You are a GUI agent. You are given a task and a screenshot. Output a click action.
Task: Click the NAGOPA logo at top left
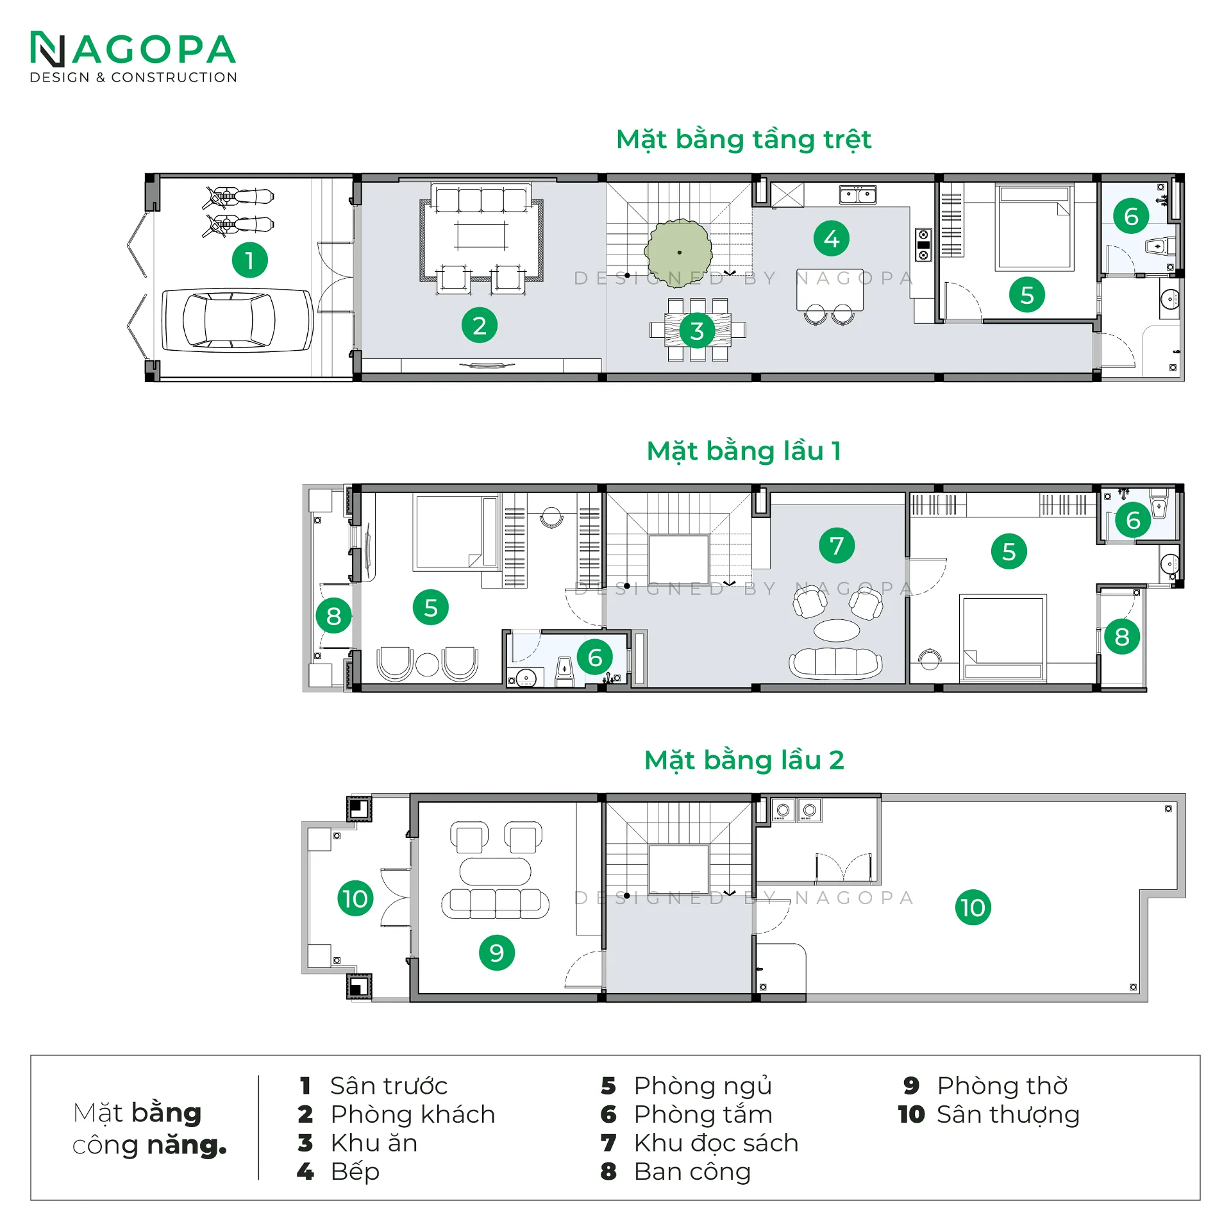pos(133,50)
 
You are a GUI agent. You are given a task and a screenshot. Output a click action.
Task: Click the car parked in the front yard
pos(237,320)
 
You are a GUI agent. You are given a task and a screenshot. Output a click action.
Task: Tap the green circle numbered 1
pos(249,260)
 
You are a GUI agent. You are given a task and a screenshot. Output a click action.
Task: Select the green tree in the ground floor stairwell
pos(678,253)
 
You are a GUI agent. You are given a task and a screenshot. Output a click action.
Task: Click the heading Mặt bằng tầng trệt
pos(743,139)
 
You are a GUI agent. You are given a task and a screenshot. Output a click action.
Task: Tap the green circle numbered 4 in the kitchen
pos(831,239)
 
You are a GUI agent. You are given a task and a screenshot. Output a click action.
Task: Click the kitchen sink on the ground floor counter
pos(858,194)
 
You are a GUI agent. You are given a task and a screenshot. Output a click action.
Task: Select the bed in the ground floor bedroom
pos(1034,228)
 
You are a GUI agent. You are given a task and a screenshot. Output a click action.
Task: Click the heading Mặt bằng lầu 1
pos(743,451)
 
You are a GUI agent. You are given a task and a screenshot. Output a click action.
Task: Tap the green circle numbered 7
pos(836,546)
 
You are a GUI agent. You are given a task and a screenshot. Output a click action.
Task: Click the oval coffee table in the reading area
pos(836,630)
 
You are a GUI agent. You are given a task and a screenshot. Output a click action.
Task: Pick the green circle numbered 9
pos(496,953)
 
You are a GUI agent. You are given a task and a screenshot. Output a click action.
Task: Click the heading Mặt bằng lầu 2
pos(743,760)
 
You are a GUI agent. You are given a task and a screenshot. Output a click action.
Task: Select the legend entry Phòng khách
pos(412,1114)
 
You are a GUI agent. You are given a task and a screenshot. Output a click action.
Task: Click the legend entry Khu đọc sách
pos(716,1143)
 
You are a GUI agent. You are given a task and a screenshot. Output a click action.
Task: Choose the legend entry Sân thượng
pos(1007,1114)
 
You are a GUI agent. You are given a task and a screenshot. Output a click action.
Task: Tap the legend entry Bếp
pos(355,1171)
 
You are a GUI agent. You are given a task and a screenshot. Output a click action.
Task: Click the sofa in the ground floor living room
pos(481,199)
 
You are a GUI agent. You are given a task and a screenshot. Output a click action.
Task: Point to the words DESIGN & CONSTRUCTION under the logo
pos(133,78)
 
